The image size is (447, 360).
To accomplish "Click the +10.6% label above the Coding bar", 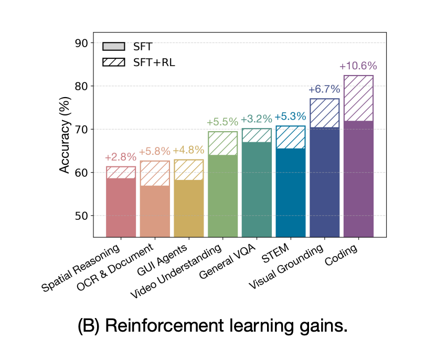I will [358, 67].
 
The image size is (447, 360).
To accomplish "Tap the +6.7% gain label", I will [325, 90].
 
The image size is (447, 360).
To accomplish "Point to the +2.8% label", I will [121, 157].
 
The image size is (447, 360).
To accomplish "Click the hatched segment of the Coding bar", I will [358, 98].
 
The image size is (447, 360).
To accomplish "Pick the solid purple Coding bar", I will [358, 178].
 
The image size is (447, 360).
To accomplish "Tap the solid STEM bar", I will [291, 193].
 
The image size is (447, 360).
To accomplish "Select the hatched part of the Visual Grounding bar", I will [325, 113].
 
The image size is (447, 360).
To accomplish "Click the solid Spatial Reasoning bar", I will [121, 207].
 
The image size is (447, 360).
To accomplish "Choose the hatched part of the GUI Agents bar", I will [189, 170].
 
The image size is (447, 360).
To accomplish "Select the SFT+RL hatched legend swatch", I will [114, 61].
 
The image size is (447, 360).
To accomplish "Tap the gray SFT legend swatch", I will [114, 47].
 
